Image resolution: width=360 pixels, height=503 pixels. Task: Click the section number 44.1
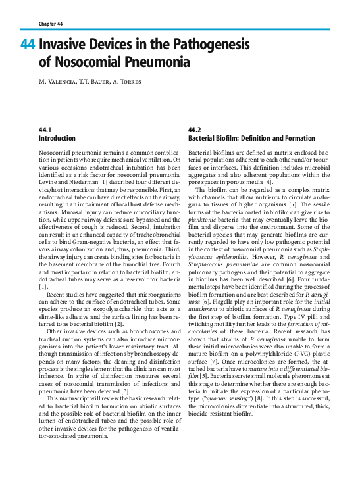pyautogui.click(x=45, y=131)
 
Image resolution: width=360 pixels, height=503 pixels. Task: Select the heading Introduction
pyautogui.click(x=57, y=139)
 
